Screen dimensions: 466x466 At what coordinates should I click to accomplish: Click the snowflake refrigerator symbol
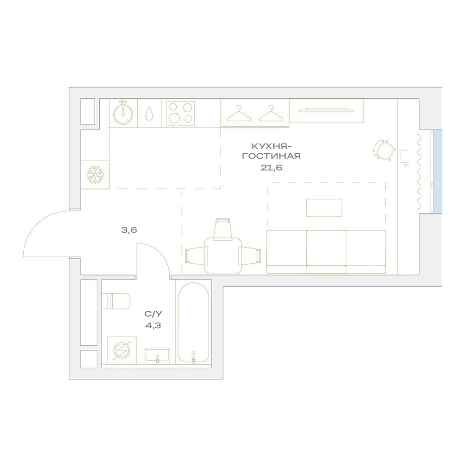[x=95, y=175]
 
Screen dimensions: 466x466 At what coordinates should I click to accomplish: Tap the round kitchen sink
[x=123, y=113]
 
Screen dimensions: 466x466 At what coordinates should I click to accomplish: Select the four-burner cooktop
[x=180, y=113]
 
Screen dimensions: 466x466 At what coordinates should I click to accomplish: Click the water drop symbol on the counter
[x=149, y=113]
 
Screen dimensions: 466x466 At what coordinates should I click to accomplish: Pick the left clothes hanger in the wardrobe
[x=239, y=113]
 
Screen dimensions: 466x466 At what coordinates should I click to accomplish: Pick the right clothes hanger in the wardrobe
[x=271, y=113]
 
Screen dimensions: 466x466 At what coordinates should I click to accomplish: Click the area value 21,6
[x=271, y=168]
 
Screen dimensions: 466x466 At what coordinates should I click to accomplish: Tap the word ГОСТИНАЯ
[x=271, y=156]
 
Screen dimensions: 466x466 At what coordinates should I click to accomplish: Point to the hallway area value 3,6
[x=129, y=230]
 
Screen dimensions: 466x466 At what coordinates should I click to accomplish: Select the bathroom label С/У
[x=153, y=314]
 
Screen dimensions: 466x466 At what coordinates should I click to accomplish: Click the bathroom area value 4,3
[x=153, y=325]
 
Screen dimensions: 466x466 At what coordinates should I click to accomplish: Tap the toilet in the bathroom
[x=116, y=302]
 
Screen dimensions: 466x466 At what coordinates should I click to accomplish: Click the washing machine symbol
[x=122, y=350]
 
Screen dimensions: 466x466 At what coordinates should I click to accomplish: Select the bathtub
[x=193, y=323]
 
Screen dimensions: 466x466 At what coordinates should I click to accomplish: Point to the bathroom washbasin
[x=157, y=356]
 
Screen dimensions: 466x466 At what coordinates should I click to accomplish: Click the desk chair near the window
[x=384, y=150]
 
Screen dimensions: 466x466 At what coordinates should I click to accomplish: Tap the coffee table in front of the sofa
[x=324, y=208]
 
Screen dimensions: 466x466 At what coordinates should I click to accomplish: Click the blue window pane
[x=438, y=171]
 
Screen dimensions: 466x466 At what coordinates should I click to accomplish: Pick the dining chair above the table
[x=223, y=229]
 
